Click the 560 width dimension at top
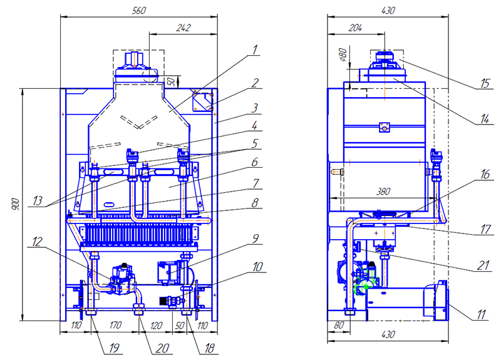(x=138, y=10)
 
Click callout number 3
(x=255, y=108)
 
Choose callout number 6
(x=255, y=161)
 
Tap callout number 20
(x=165, y=346)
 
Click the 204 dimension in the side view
(x=354, y=28)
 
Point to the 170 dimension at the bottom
(x=114, y=326)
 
